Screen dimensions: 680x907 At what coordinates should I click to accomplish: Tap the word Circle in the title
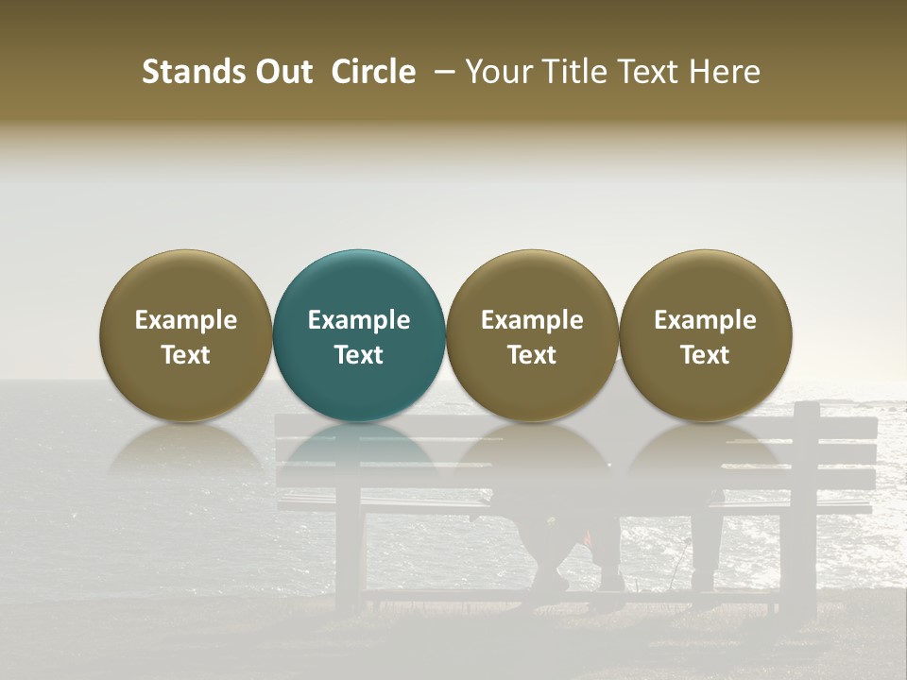373,72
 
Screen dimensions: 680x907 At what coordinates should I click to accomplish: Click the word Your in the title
498,72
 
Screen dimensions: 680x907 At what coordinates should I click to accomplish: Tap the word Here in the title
725,72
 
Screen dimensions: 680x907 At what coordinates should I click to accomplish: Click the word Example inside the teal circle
359,320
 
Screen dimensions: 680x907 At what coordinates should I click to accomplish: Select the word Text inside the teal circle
359,355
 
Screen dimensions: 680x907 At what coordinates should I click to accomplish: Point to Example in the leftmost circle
186,320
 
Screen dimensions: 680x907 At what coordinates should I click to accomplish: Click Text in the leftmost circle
186,355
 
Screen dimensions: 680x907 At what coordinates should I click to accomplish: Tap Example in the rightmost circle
705,320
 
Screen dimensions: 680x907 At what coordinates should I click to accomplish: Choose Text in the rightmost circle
705,355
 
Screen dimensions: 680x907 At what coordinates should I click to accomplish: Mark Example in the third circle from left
532,320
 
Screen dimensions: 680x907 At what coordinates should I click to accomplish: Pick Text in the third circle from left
532,355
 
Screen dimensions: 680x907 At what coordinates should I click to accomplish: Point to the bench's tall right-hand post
806,501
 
